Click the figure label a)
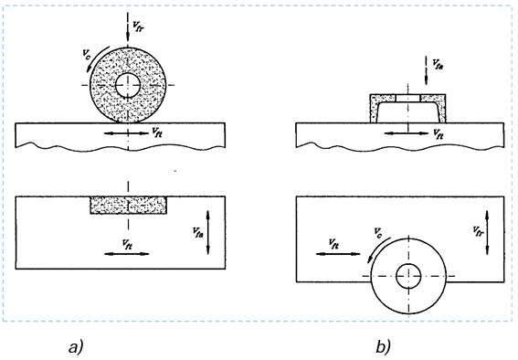click(x=76, y=345)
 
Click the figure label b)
click(x=382, y=345)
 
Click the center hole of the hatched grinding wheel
click(x=129, y=84)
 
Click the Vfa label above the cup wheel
click(x=438, y=65)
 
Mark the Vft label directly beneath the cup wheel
click(x=438, y=133)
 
